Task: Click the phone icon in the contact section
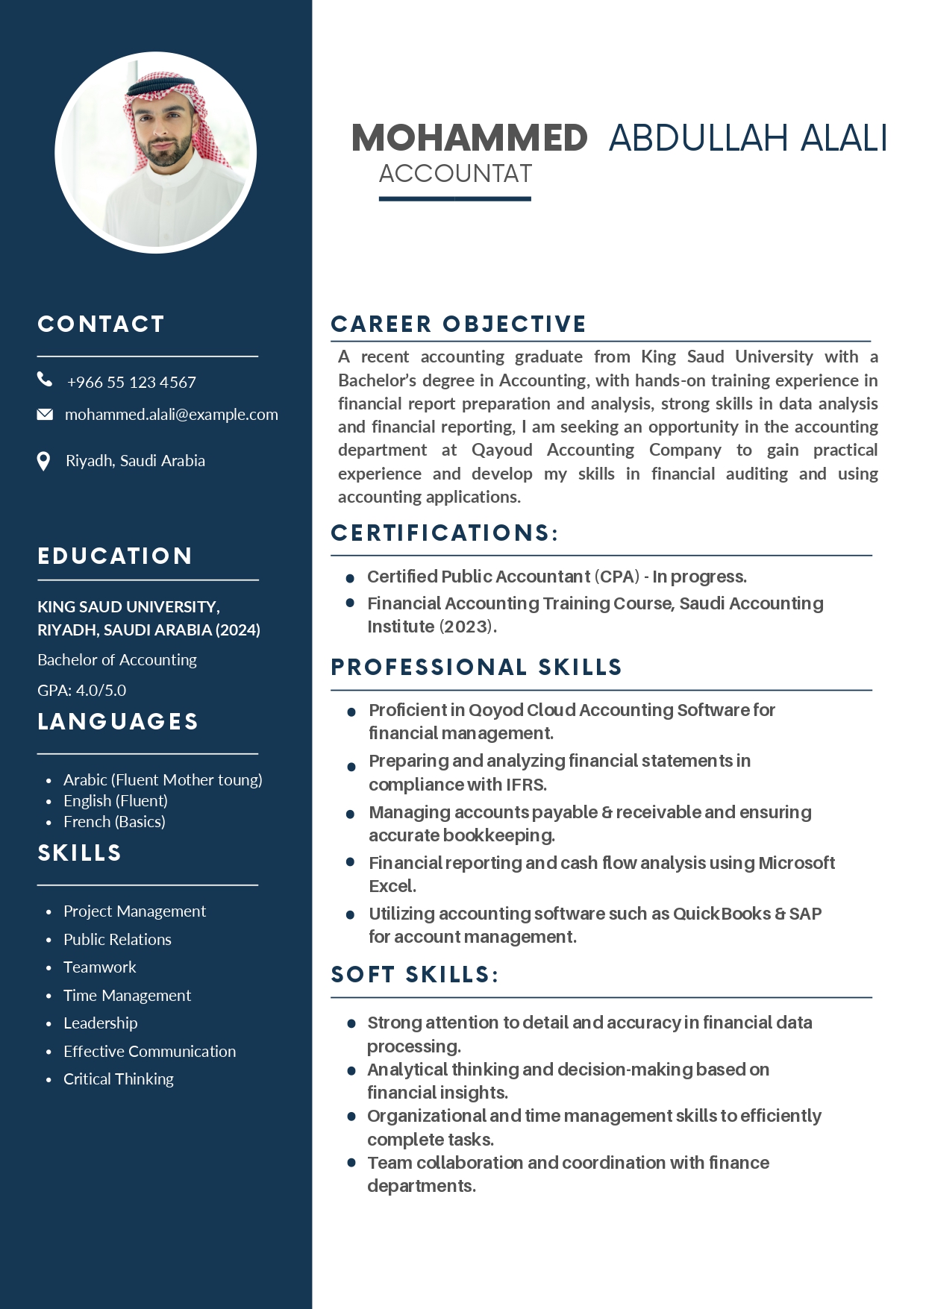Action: (45, 380)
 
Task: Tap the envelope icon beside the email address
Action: (45, 414)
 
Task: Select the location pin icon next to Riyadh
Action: (44, 461)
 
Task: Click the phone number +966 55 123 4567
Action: (131, 382)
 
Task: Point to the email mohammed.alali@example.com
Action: (171, 415)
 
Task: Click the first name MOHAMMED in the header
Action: (469, 138)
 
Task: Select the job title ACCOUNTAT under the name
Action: (455, 174)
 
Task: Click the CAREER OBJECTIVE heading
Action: (458, 324)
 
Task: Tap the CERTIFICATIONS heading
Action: (444, 533)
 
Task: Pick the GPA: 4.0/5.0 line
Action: (81, 690)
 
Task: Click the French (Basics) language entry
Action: (114, 821)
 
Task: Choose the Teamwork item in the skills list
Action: (99, 967)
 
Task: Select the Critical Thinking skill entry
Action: (118, 1079)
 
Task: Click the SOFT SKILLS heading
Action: (414, 974)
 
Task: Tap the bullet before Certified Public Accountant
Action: (350, 578)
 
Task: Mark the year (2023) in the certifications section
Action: (466, 627)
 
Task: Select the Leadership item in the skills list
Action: (100, 1023)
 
